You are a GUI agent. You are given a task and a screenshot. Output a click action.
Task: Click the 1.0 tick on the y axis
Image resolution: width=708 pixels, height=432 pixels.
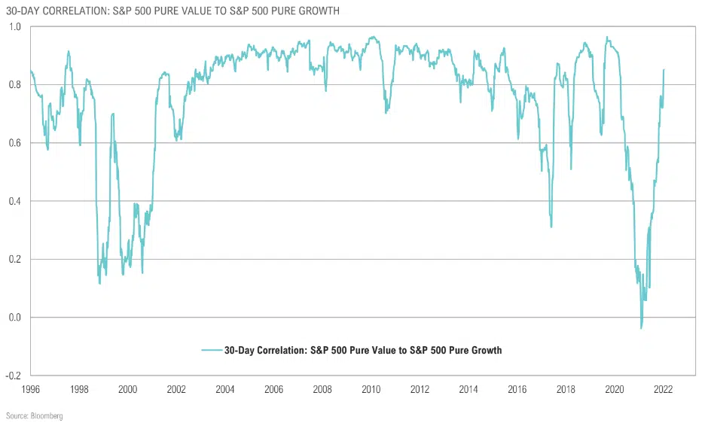16,27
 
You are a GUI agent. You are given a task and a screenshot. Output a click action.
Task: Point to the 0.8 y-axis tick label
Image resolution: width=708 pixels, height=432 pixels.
16,85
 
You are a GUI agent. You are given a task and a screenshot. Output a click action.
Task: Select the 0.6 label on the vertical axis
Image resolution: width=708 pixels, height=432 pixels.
16,143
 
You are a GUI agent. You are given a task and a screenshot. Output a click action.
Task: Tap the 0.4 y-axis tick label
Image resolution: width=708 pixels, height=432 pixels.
16,201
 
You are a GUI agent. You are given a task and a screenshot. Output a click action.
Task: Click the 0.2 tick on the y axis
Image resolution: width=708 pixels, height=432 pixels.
16,259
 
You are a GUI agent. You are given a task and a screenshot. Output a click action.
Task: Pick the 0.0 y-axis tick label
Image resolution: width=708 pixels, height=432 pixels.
16,318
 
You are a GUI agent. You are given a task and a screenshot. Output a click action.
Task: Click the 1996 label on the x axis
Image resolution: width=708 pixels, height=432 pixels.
30,389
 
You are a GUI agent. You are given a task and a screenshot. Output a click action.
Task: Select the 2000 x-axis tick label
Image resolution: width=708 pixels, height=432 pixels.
127,389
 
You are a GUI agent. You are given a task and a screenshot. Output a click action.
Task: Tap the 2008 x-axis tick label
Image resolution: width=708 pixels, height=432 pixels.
322,389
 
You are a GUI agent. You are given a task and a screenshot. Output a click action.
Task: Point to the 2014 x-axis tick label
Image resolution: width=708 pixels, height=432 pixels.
468,389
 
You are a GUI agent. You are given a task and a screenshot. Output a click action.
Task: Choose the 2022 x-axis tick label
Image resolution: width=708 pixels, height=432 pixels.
663,389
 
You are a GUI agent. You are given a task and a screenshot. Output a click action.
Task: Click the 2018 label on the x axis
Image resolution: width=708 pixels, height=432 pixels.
566,389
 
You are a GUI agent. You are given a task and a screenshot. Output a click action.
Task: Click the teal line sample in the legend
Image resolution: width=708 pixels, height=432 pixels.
212,350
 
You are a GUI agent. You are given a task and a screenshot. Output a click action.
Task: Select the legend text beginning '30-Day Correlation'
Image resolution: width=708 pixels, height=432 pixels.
364,350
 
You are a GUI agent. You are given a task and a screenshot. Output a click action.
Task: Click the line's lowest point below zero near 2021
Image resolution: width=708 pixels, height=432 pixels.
641,328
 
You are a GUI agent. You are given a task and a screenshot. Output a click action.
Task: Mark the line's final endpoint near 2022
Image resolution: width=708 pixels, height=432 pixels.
664,69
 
